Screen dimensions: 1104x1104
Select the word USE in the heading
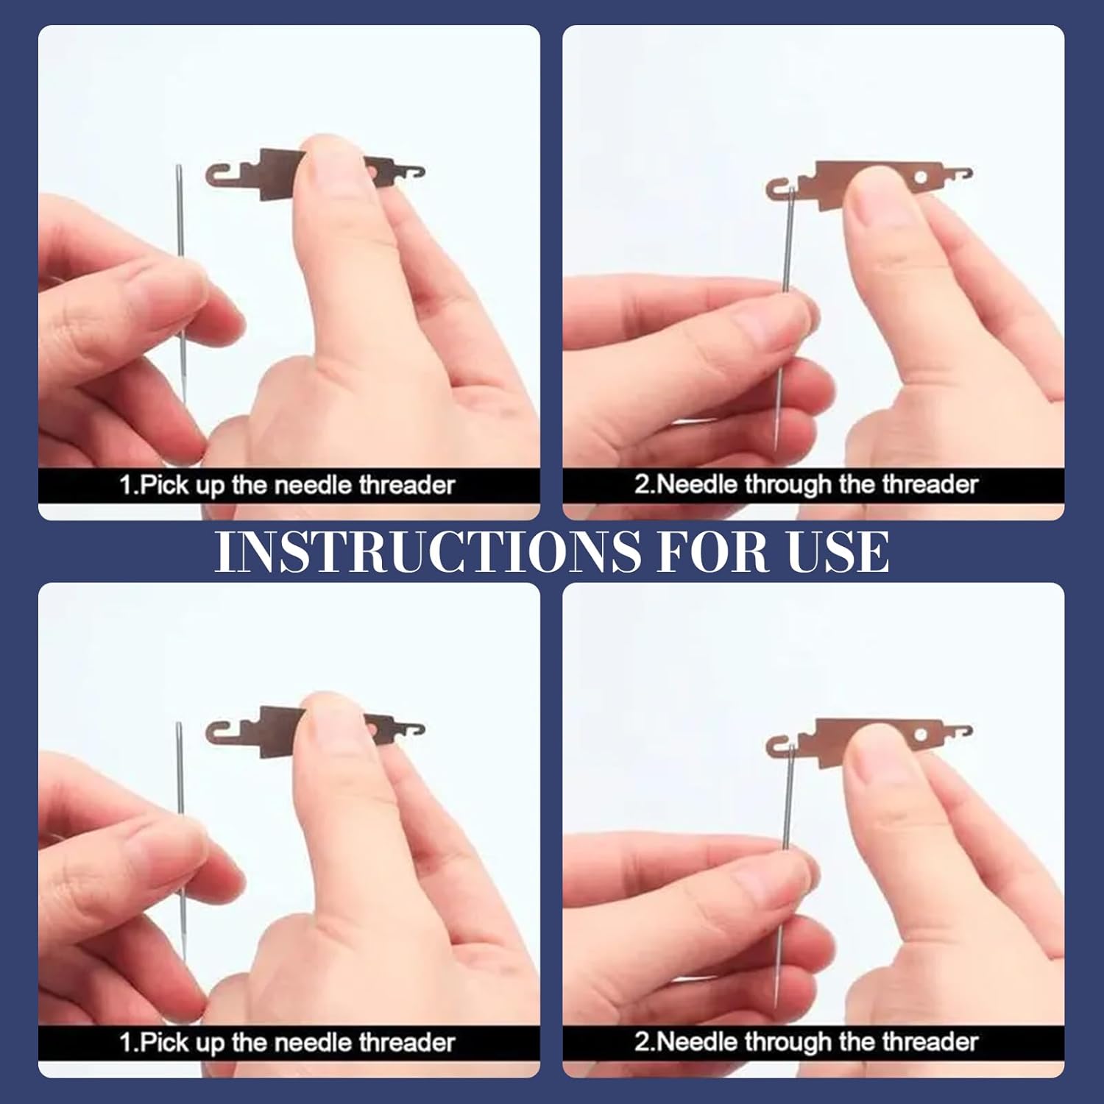coord(837,551)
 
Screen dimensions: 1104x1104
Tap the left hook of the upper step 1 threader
coord(219,177)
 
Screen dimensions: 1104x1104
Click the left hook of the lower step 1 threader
coord(219,734)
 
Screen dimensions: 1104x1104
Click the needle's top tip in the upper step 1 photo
coord(178,166)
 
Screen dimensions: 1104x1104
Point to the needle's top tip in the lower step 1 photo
coord(178,723)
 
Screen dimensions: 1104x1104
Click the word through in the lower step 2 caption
coord(790,1042)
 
